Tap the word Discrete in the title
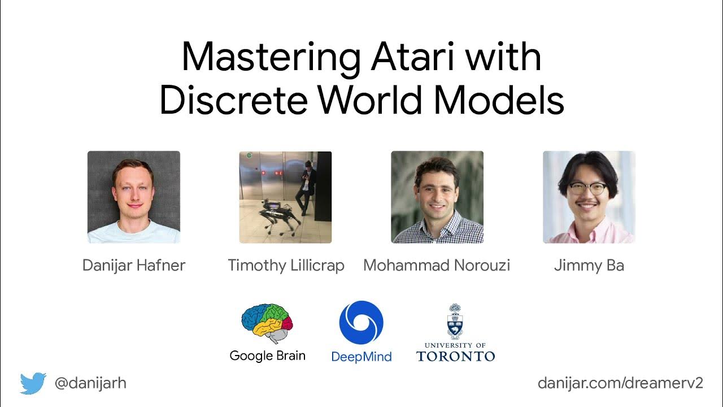pos(234,101)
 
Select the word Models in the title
pos(499,101)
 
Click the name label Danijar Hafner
pos(134,265)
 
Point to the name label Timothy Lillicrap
pos(286,265)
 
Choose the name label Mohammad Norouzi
pos(437,265)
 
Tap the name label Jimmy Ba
pos(589,265)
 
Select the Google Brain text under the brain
pos(267,356)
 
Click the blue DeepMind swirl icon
pos(361,323)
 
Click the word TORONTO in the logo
pos(455,356)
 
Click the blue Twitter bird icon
pos(33,383)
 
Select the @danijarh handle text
pos(90,383)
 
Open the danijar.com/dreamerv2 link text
pos(620,383)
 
